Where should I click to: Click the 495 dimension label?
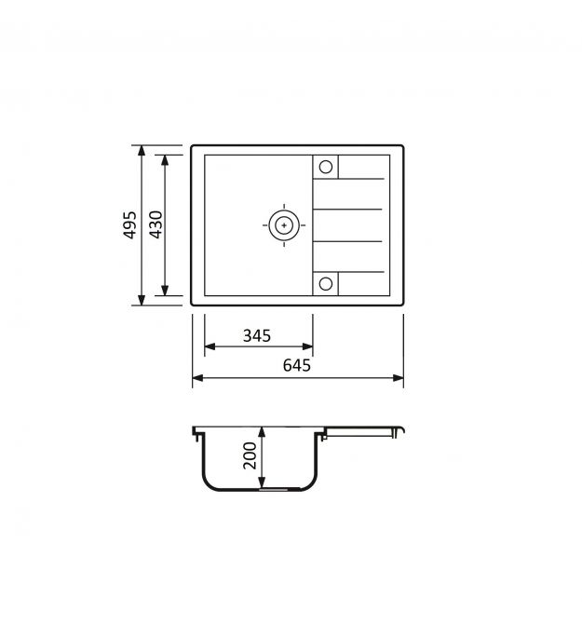[x=129, y=225]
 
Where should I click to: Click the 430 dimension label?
[x=156, y=224]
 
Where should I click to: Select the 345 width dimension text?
[x=257, y=336]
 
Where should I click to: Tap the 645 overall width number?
[x=297, y=365]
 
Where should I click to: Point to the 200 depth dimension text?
[x=250, y=455]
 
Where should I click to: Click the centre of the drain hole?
[x=284, y=225]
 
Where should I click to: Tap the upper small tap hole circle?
[x=326, y=167]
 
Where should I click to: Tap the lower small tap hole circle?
[x=326, y=284]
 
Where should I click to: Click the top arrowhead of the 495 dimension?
[x=142, y=151]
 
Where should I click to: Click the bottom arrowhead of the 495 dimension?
[x=142, y=300]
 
